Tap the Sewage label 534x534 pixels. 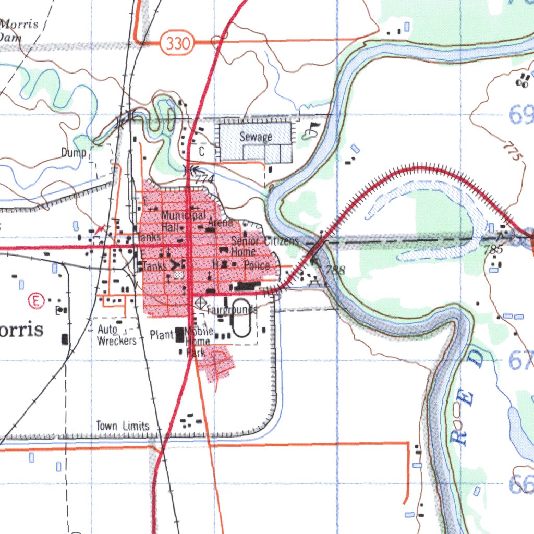point(256,137)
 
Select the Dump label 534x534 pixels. point(73,153)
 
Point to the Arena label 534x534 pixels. point(220,223)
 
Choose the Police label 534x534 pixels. point(257,265)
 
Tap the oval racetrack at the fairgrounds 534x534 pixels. point(240,317)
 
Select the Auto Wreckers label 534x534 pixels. point(116,335)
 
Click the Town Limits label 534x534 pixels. point(123,426)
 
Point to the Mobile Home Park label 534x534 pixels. point(199,342)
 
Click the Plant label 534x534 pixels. point(162,335)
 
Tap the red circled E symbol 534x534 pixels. point(35,300)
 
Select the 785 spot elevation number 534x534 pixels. point(493,250)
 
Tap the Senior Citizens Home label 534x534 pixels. point(263,245)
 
